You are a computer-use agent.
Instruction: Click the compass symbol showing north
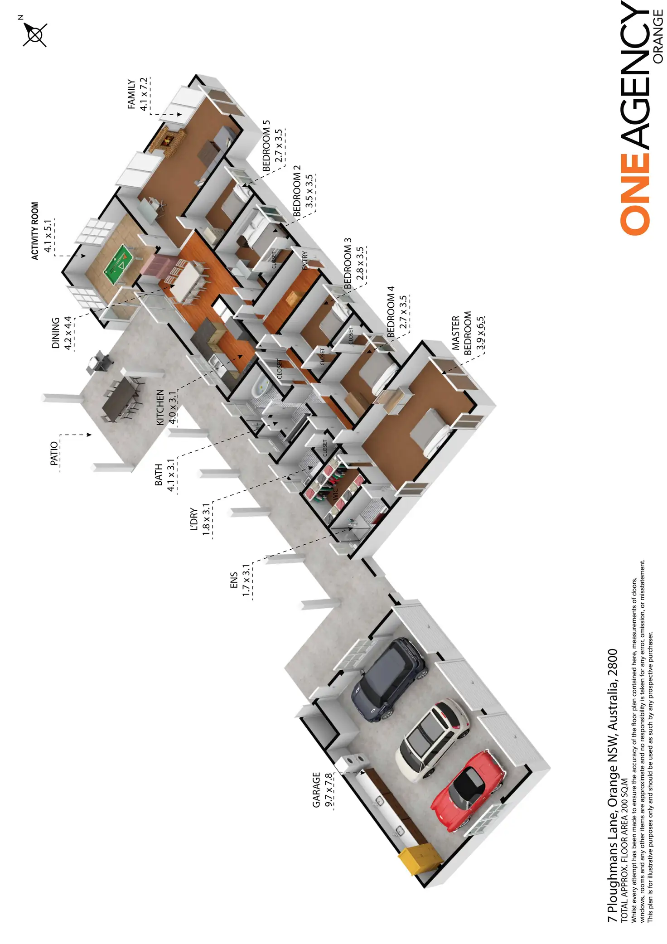point(34,34)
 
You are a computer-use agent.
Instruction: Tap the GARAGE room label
point(316,790)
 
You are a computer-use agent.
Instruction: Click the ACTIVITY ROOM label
point(35,231)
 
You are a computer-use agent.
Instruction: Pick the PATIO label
point(54,453)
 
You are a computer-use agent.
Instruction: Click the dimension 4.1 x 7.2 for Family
point(144,94)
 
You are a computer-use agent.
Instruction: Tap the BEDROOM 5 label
point(266,146)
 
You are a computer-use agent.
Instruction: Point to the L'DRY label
point(194,519)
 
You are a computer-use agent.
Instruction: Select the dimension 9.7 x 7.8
point(329,790)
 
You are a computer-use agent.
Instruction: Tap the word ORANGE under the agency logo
point(658,37)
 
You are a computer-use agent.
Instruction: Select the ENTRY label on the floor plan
point(305,261)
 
